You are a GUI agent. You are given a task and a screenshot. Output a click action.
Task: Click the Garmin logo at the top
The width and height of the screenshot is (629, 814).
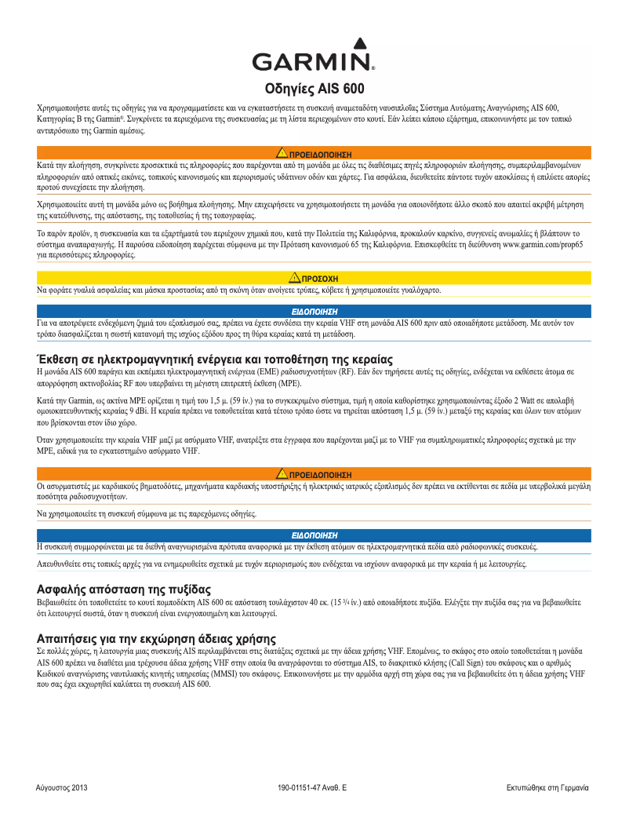314,56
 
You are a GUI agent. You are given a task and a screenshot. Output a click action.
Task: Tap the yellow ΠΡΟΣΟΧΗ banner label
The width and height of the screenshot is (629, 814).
319,279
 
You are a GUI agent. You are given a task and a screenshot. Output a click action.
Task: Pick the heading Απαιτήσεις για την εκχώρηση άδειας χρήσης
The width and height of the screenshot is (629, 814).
157,637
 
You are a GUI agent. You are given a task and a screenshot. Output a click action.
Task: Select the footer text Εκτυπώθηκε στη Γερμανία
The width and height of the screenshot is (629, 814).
547,787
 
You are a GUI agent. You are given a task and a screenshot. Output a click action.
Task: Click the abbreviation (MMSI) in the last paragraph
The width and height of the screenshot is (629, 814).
238,673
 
